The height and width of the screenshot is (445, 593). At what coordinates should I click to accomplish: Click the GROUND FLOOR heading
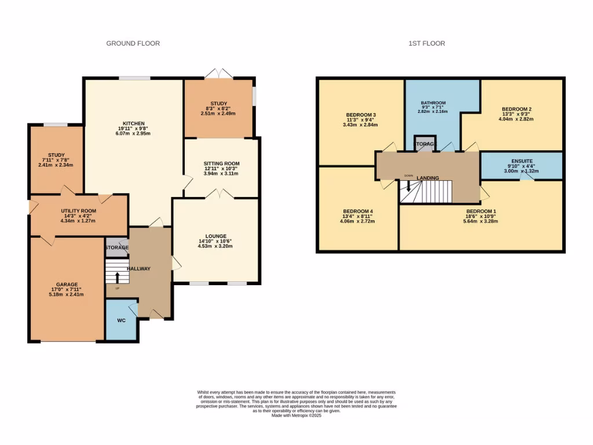[x=133, y=43]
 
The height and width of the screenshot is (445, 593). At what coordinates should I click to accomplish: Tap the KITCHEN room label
[x=133, y=123]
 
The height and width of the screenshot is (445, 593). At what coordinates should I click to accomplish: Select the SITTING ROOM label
[x=221, y=164]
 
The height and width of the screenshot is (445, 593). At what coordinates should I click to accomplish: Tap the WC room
[x=122, y=320]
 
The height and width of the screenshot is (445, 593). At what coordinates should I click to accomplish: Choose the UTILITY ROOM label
[x=79, y=211]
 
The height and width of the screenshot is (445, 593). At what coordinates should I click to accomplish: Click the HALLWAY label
[x=139, y=268]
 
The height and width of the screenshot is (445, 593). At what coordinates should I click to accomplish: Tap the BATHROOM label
[x=433, y=103]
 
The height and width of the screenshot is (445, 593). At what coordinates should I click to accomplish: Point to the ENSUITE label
[x=522, y=161]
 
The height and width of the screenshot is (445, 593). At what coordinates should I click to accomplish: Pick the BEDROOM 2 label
[x=517, y=110]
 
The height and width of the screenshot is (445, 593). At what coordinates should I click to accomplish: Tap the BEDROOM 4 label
[x=358, y=211]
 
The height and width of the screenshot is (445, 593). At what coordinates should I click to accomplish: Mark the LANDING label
[x=427, y=178]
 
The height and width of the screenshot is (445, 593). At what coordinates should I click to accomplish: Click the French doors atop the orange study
[x=219, y=74]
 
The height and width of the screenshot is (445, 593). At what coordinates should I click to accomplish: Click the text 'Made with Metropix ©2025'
[x=296, y=415]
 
